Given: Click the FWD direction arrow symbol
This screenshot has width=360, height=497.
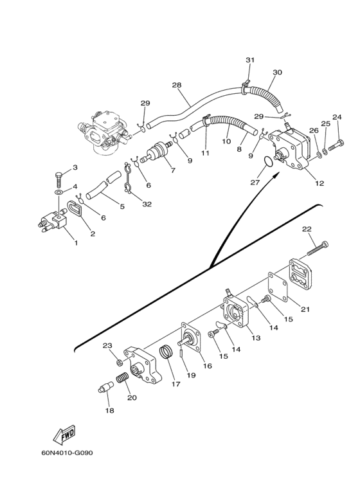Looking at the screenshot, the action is [x=64, y=434].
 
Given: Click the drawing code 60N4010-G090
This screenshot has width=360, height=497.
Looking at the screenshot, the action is [x=67, y=453].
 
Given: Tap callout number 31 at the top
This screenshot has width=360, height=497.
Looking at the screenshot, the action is [x=250, y=60].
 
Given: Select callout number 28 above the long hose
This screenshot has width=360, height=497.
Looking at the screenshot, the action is [x=177, y=85].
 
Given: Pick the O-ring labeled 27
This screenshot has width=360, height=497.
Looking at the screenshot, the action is [x=268, y=161].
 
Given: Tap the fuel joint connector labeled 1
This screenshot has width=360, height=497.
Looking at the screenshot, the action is [x=53, y=220].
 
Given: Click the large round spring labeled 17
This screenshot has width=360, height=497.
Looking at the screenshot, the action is [x=166, y=352].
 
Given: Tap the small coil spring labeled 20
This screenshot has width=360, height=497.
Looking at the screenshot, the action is [x=124, y=378].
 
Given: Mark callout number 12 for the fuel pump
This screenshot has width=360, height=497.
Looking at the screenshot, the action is [x=319, y=183].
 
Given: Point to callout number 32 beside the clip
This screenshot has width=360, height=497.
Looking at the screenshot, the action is [x=147, y=204].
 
